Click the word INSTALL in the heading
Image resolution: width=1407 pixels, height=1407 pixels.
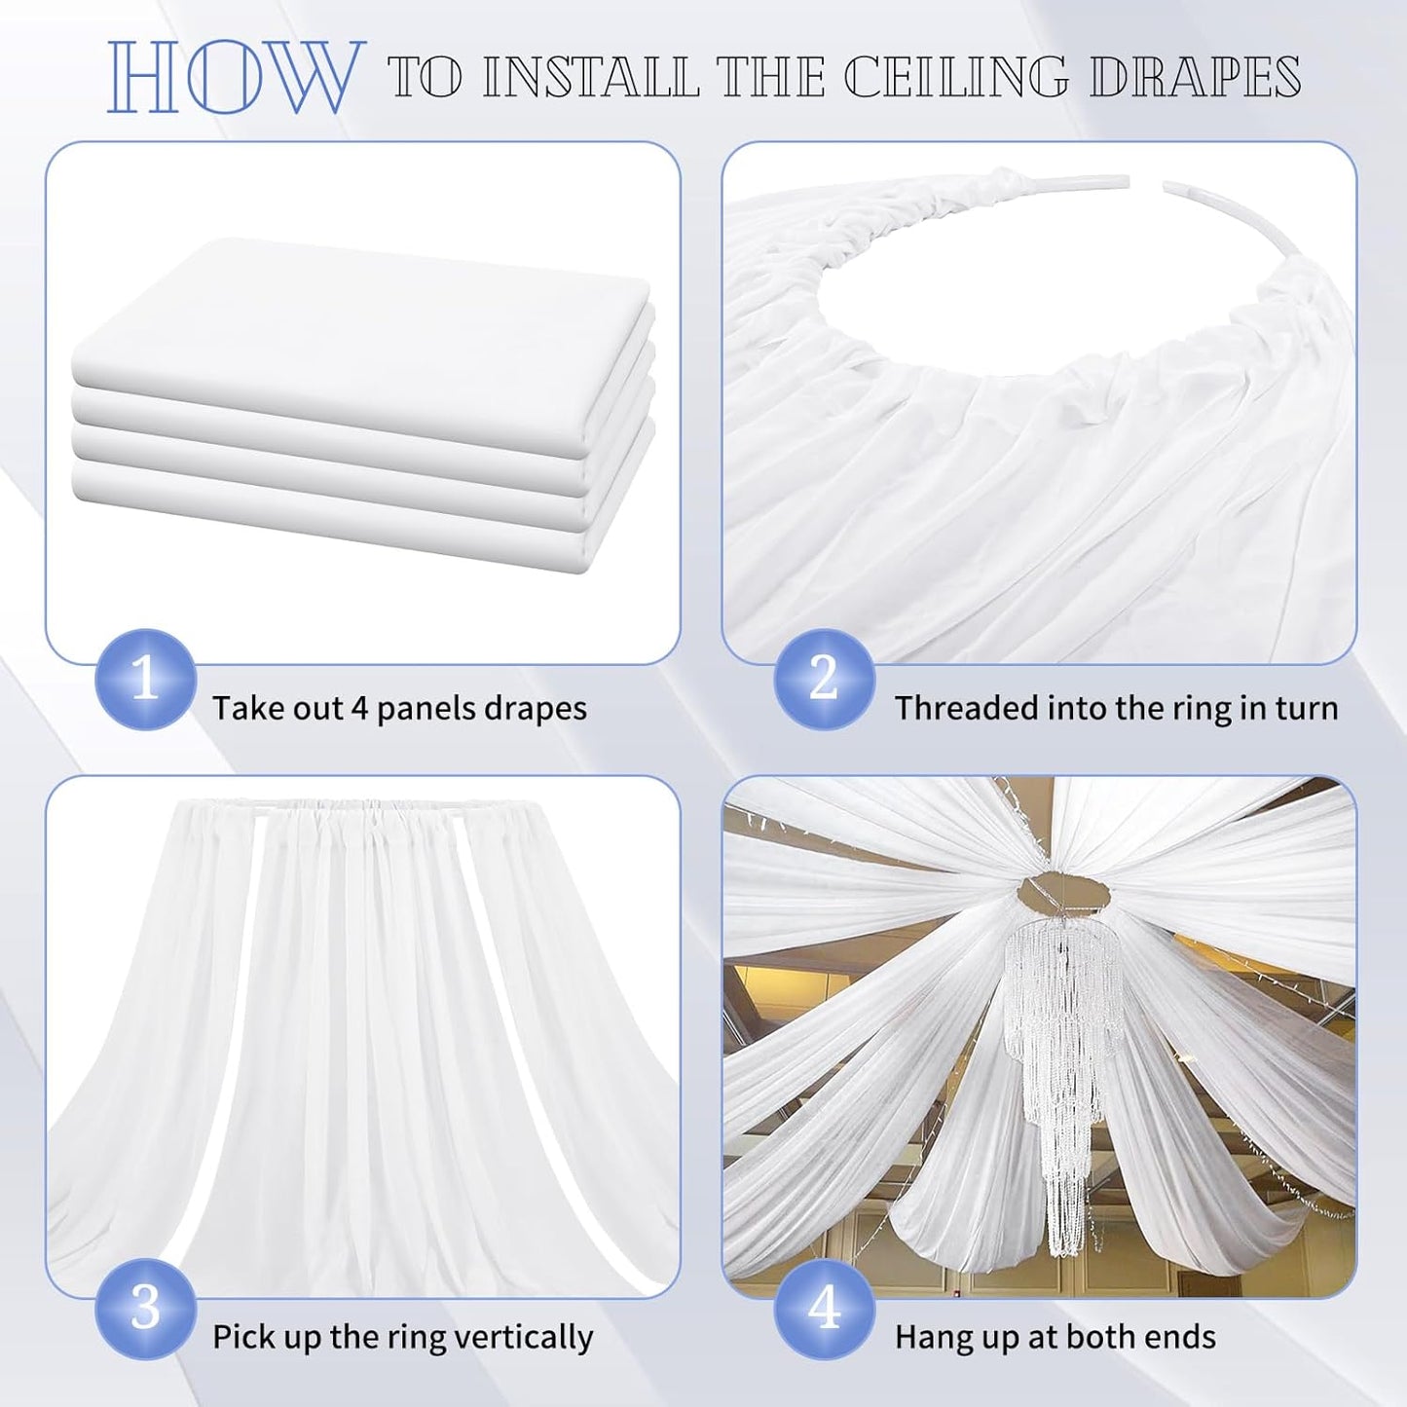tap(591, 77)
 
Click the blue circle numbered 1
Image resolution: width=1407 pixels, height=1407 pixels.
tap(145, 679)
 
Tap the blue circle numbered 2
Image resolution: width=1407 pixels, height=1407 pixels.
tap(824, 679)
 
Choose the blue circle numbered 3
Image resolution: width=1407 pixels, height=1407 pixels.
tap(145, 1309)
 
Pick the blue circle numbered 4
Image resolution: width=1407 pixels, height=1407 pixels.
tap(824, 1309)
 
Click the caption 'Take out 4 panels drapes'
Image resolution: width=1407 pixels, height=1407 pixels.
tap(399, 708)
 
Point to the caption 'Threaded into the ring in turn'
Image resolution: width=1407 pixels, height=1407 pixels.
tap(1116, 708)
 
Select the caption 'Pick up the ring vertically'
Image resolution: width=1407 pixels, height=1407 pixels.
tap(402, 1337)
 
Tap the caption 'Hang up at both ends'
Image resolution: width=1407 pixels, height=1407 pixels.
tap(1055, 1337)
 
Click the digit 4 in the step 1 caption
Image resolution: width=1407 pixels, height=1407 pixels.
tap(358, 708)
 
